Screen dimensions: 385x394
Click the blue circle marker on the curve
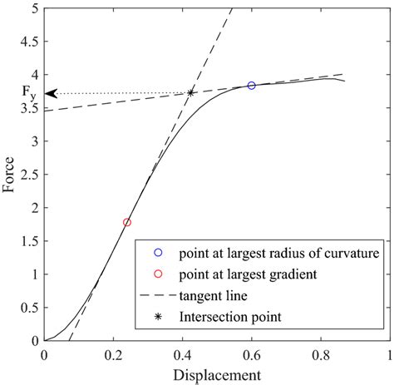(252, 86)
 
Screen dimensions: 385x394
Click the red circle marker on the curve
(127, 222)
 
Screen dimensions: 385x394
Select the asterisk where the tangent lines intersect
(191, 92)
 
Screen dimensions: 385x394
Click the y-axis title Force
(9, 175)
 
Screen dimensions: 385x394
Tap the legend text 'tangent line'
(212, 294)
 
